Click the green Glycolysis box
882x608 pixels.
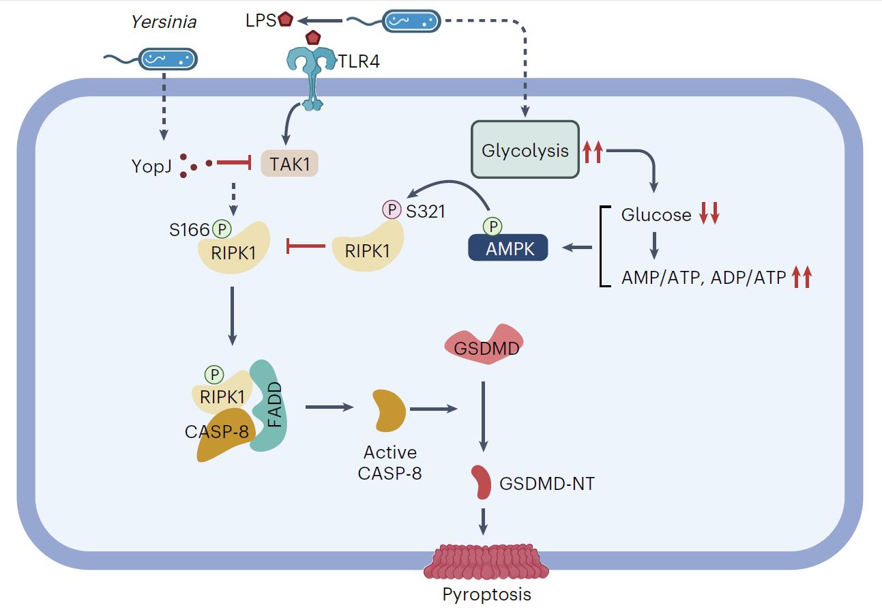[x=525, y=150]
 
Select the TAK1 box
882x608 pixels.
[x=290, y=164]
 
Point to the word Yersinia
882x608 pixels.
[x=163, y=22]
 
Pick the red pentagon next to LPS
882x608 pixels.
[x=286, y=20]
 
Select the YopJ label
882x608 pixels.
[x=151, y=166]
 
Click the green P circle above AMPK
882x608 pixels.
[x=492, y=225]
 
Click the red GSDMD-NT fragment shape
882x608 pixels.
[x=483, y=482]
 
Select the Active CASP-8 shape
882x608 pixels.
[x=389, y=411]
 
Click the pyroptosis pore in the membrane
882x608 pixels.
[x=485, y=563]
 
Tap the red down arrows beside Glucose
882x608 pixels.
[x=709, y=215]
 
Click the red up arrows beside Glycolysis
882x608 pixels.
[x=593, y=151]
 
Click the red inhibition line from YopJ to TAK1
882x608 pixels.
[x=233, y=164]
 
